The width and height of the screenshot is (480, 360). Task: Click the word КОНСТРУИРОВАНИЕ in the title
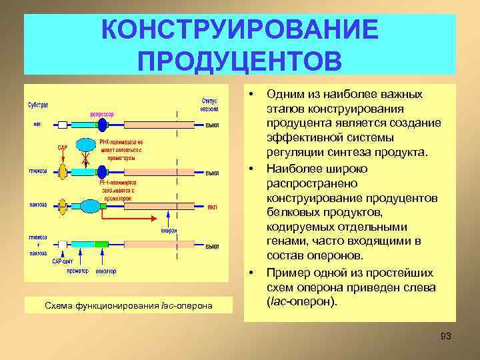pos(239,30)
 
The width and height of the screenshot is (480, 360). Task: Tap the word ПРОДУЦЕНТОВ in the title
pos(239,60)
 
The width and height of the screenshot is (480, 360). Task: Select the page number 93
pos(446,336)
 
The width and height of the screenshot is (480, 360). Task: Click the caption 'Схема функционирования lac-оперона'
pos(128,305)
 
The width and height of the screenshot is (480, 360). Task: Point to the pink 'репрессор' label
pos(102,114)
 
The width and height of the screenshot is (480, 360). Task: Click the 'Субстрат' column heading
pos(37,105)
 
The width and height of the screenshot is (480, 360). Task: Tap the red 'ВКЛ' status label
pos(212,207)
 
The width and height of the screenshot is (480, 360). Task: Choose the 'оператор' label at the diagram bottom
pos(105,271)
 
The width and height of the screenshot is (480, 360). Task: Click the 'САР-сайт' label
pos(59,261)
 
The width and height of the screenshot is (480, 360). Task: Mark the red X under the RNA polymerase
pos(85,161)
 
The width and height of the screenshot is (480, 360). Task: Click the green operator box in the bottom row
pos(101,245)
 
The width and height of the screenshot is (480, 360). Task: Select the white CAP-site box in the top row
pos(63,125)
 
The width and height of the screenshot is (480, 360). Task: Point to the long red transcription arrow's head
pos(157,217)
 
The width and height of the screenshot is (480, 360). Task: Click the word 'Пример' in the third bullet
pos(287,273)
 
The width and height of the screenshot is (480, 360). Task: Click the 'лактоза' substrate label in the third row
pos(38,204)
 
